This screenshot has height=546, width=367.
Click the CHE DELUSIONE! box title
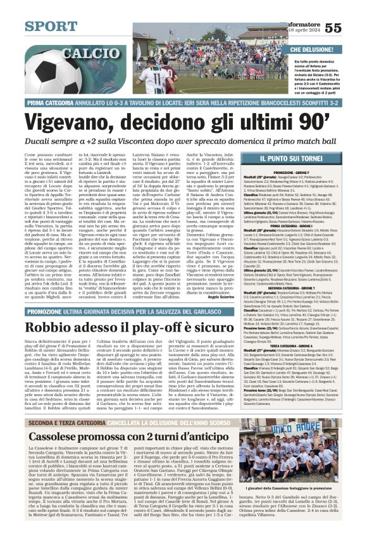[x=312, y=49]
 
